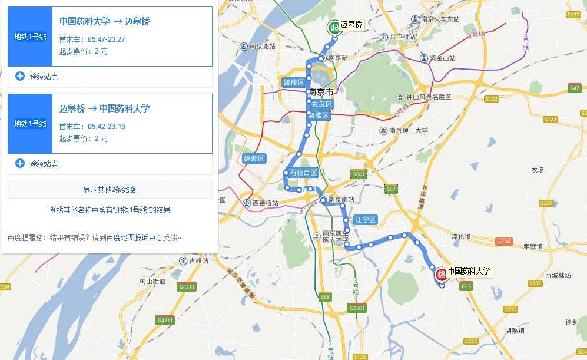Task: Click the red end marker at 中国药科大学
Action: coord(440,274)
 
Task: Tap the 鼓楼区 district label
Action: coord(293,82)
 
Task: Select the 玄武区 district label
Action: coord(322,104)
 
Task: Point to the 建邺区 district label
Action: coord(254,158)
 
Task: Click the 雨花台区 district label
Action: coord(303,173)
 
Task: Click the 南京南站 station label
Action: coord(341,200)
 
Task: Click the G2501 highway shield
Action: coord(357,308)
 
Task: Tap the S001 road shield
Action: coord(359,175)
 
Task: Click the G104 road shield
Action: coord(504,242)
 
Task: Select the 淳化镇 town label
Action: coord(461,236)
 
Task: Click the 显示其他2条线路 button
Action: coord(110,190)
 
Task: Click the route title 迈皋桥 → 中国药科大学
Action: coord(104,108)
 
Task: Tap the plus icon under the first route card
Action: coord(20,76)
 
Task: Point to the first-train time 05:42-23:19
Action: coord(107,127)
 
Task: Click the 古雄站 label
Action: coord(195,260)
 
